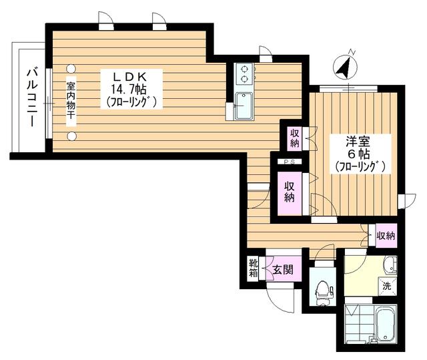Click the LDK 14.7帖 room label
pyautogui.click(x=131, y=89)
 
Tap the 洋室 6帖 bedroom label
pyautogui.click(x=360, y=154)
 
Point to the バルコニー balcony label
pyautogui.click(x=32, y=98)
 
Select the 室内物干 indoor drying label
pyautogui.click(x=71, y=101)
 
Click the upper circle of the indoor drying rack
pyautogui.click(x=71, y=68)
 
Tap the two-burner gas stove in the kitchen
pyautogui.click(x=244, y=74)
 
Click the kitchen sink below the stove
pyautogui.click(x=244, y=106)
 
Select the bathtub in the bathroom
pyautogui.click(x=386, y=324)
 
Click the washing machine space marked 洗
pyautogui.click(x=387, y=286)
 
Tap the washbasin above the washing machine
pyautogui.click(x=390, y=265)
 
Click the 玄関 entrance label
pyautogui.click(x=283, y=270)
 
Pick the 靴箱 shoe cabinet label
pyautogui.click(x=253, y=268)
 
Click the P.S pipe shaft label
pyautogui.click(x=289, y=162)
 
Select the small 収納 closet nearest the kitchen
pyautogui.click(x=295, y=138)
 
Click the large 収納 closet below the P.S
pyautogui.click(x=289, y=192)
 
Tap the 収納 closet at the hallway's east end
pyautogui.click(x=386, y=236)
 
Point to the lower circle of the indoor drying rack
pyautogui.click(x=71, y=136)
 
